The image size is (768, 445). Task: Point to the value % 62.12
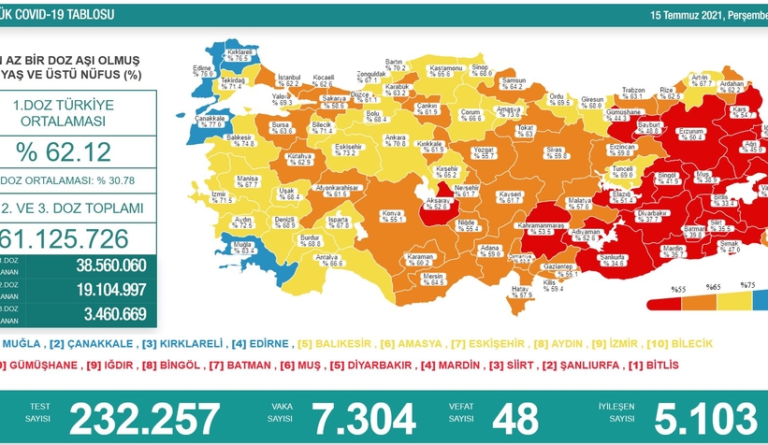pyautogui.click(x=64, y=151)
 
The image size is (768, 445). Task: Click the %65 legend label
pyautogui.click(x=713, y=286)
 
